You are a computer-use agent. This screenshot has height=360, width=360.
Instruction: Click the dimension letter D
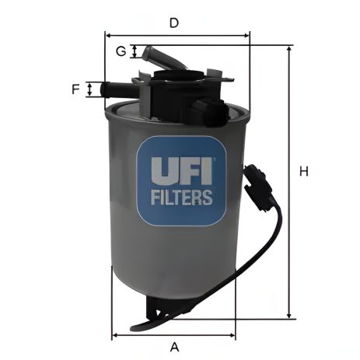click(x=174, y=23)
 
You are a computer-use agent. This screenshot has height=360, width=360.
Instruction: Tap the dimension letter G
click(x=121, y=51)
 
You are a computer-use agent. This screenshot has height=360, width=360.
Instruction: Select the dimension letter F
click(x=76, y=89)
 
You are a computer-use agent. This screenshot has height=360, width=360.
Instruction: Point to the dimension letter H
click(x=304, y=171)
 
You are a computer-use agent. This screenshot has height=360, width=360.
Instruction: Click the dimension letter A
click(x=175, y=346)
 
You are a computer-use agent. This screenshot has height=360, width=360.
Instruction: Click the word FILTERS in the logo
click(x=180, y=197)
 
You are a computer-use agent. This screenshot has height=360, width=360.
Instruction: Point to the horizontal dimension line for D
click(x=177, y=35)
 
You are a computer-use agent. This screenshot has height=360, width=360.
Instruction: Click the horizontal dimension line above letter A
click(x=174, y=335)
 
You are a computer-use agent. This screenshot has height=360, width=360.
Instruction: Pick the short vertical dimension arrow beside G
click(x=135, y=51)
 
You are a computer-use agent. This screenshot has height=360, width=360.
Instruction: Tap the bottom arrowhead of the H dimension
click(x=289, y=314)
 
